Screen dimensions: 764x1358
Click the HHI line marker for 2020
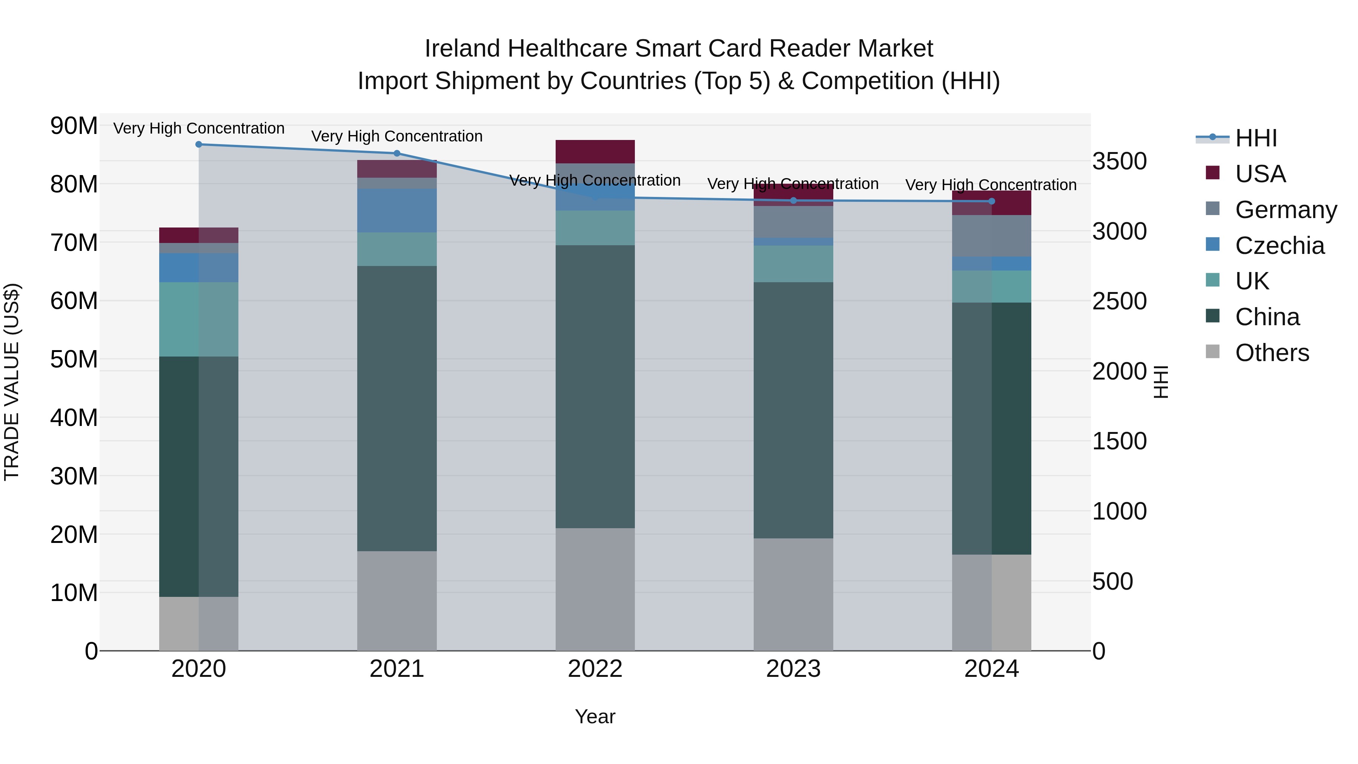(199, 144)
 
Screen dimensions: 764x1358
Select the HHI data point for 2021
(397, 154)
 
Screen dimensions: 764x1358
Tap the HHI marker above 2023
(793, 200)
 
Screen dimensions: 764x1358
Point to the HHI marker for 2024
(992, 201)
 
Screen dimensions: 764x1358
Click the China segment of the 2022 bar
(595, 386)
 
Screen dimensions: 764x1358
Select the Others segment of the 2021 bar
(397, 601)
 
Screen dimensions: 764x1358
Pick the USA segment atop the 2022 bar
(595, 151)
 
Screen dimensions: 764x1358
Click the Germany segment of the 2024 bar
(992, 236)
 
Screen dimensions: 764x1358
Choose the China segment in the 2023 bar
(793, 410)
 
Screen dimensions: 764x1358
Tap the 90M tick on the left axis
(74, 126)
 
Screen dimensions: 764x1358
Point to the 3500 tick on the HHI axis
(1119, 161)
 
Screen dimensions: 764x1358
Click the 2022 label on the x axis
(595, 669)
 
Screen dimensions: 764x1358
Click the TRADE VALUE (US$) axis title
(12, 382)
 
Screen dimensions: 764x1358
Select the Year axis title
(595, 716)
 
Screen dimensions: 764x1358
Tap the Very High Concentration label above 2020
(199, 128)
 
